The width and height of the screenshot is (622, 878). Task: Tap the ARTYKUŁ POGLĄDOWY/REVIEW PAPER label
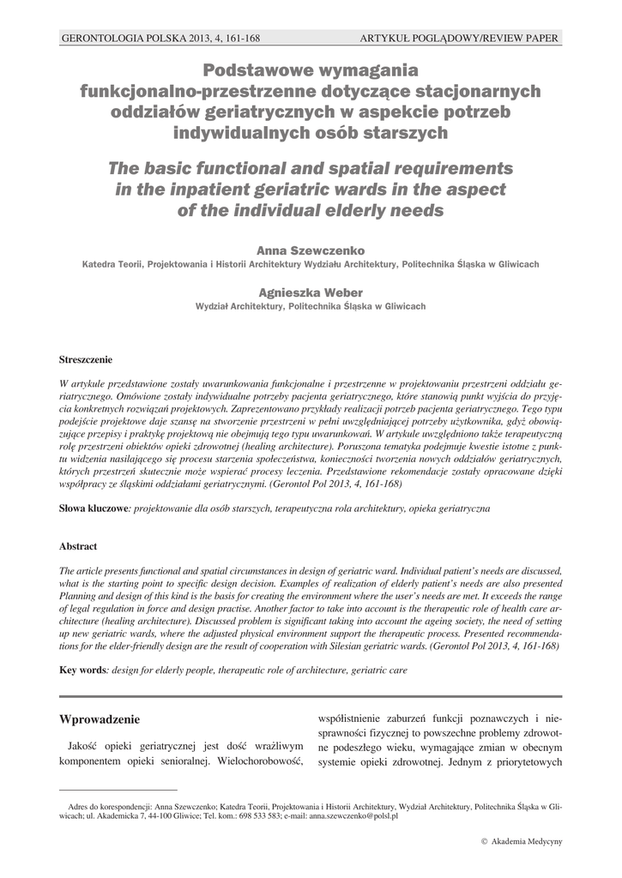[461, 39]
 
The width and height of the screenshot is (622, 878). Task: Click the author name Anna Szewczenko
[311, 250]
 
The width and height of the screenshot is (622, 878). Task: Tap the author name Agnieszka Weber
[311, 292]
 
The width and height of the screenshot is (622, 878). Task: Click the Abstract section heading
[78, 546]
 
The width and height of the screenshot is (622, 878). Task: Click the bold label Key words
[81, 669]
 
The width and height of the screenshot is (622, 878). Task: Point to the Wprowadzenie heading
[99, 718]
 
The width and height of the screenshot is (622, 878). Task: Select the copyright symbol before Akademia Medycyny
[484, 842]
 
